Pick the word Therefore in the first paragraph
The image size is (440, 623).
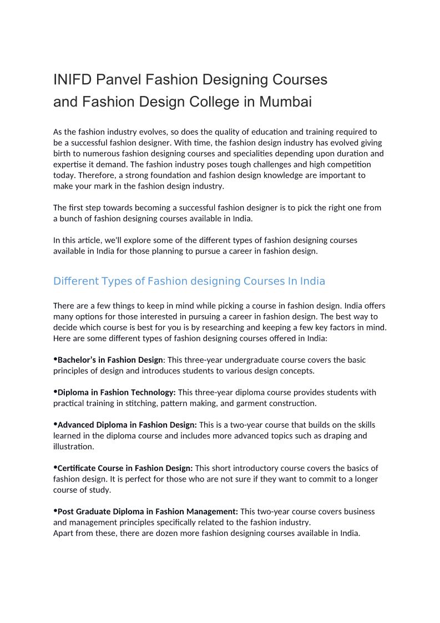tap(72, 175)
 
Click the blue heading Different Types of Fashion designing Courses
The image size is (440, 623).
tap(189, 281)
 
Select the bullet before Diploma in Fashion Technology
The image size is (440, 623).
tap(55, 392)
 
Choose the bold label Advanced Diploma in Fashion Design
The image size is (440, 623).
tap(127, 425)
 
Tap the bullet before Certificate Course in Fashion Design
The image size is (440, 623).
tap(55, 468)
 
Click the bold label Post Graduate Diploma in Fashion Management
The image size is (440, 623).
tap(148, 511)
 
